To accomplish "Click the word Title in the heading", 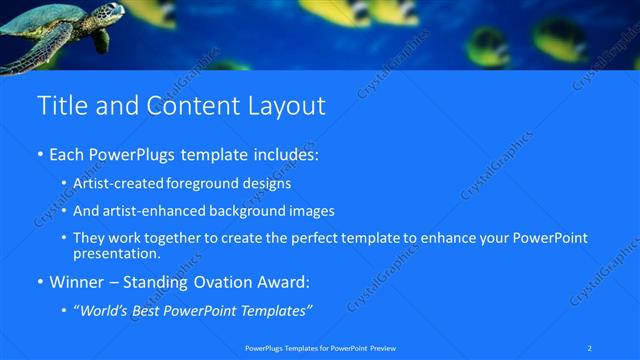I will [60, 105].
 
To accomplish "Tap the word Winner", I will [76, 283].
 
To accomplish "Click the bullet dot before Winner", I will [40, 283].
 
